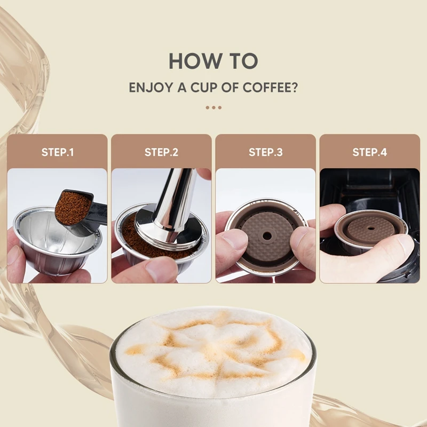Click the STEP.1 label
point(57,152)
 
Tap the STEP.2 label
point(161,152)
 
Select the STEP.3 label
point(265,152)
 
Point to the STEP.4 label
point(369,152)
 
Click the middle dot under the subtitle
point(213,107)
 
